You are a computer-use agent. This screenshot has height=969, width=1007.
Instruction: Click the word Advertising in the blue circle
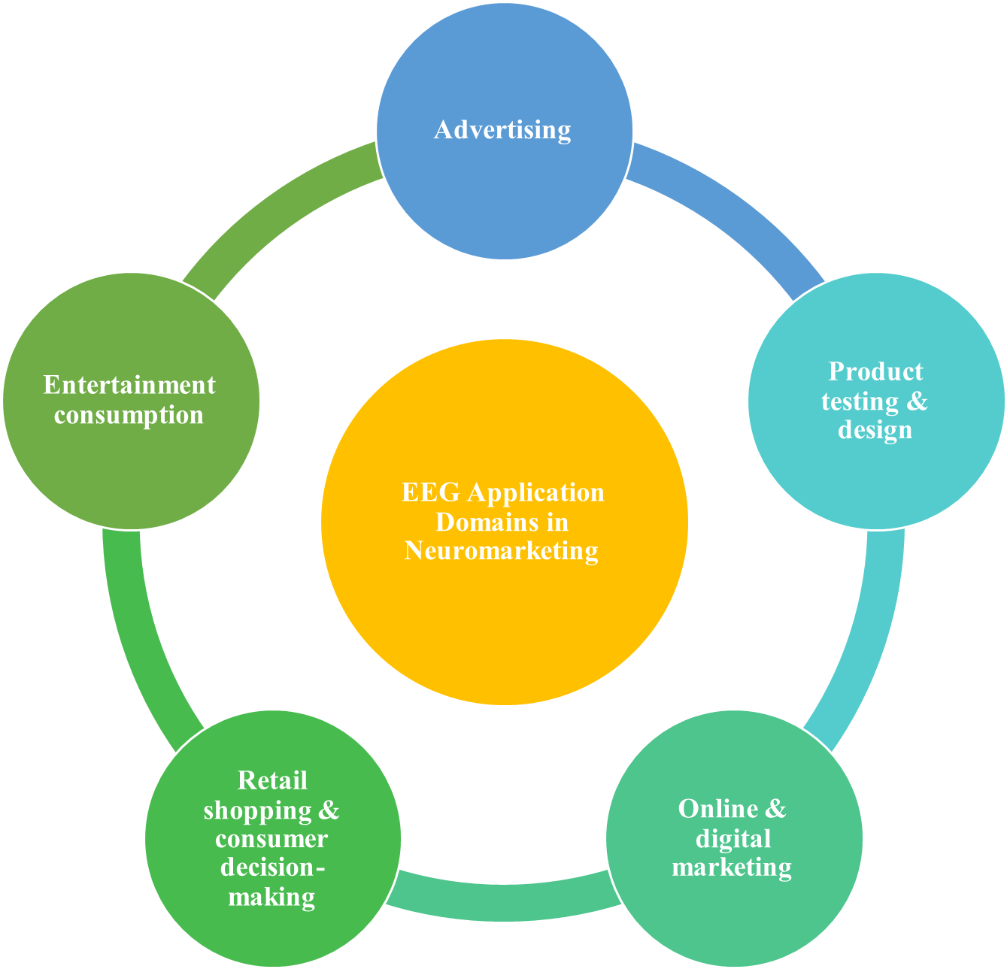click(502, 130)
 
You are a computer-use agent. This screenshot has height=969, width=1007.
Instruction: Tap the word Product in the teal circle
click(875, 371)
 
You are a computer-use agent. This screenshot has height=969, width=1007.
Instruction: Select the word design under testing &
click(875, 430)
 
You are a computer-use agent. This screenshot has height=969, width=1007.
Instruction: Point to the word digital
click(733, 838)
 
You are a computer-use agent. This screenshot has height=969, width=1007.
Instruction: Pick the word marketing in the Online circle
click(732, 868)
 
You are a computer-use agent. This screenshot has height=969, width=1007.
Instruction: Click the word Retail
click(272, 780)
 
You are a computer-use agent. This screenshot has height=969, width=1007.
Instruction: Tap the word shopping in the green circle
click(257, 810)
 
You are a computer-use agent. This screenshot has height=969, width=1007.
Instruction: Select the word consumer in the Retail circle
click(271, 839)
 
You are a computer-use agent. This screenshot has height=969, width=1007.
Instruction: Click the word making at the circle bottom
click(271, 897)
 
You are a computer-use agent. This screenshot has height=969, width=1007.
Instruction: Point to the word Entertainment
click(129, 385)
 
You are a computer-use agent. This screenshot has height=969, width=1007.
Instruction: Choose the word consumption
click(129, 415)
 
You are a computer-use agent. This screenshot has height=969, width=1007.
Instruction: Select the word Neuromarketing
click(502, 551)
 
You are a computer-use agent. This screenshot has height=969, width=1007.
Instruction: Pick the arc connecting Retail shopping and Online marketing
click(504, 901)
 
